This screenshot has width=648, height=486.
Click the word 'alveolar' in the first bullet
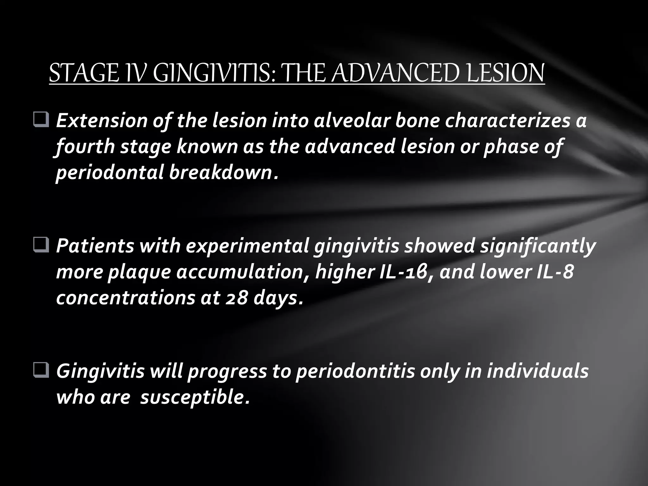351,121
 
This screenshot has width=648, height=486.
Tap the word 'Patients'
95,246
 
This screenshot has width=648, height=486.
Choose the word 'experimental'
247,246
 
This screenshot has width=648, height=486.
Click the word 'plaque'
139,272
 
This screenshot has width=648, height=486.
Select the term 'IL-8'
555,272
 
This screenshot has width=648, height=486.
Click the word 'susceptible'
193,397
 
